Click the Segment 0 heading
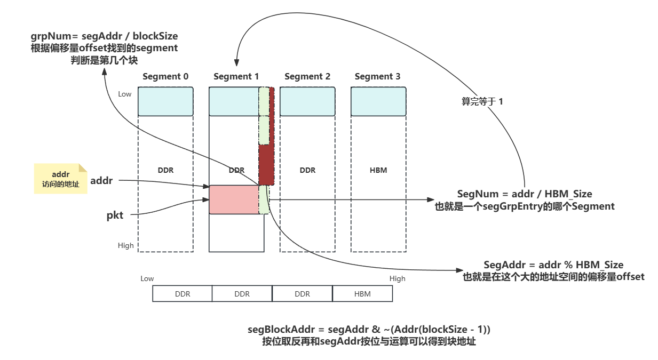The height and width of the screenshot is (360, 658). point(165,77)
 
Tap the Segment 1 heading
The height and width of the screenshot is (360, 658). point(236,77)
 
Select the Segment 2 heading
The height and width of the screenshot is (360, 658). point(307,77)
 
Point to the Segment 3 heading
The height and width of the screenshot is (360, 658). point(377,77)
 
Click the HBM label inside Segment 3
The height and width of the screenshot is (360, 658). point(378,170)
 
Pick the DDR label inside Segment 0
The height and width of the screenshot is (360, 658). point(165,170)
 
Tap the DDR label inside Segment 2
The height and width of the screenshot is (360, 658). point(307,170)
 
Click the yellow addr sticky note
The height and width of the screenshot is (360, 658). point(60,179)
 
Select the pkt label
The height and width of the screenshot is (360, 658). point(115,215)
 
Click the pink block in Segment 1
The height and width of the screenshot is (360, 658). point(233,199)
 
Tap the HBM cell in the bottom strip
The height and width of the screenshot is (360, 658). point(362,294)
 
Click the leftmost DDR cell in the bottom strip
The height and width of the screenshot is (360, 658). point(183,294)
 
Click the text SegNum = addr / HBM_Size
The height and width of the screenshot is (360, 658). point(525,194)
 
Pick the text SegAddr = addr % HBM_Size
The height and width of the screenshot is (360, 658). point(553,265)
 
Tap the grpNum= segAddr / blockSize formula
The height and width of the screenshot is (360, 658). point(104,36)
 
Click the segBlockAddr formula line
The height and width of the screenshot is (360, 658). point(369,330)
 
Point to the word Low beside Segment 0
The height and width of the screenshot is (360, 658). point(124,94)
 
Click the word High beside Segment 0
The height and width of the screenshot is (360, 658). point(126,245)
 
